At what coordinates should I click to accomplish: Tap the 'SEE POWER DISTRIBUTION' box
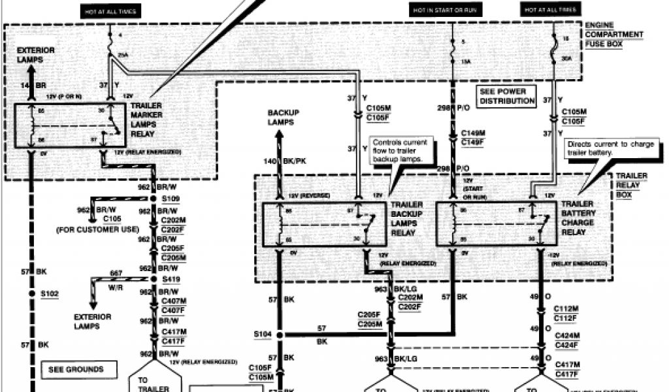click(x=506, y=97)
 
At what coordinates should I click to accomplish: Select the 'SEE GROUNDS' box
click(x=76, y=370)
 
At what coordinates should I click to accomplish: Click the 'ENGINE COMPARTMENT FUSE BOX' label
click(x=613, y=35)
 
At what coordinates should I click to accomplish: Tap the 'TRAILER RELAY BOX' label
click(x=631, y=186)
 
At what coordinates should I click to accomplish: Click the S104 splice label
click(x=263, y=335)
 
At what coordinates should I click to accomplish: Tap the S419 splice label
click(x=172, y=280)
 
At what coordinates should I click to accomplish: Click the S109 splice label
click(x=172, y=199)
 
